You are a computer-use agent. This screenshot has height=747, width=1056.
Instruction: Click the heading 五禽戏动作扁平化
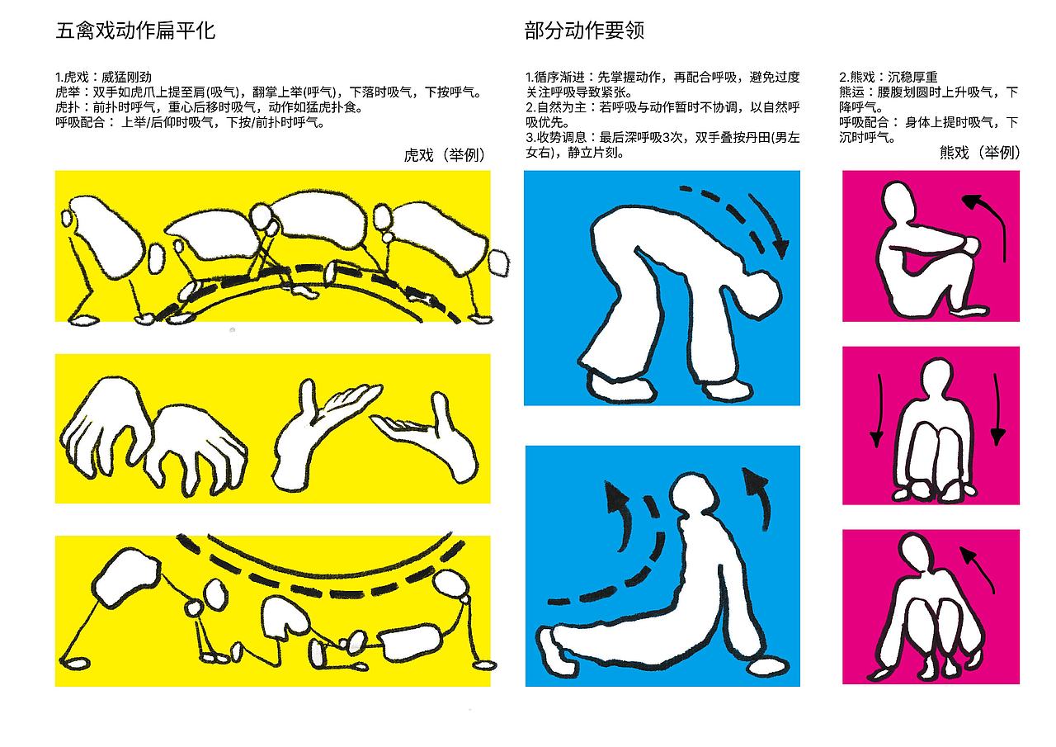click(135, 31)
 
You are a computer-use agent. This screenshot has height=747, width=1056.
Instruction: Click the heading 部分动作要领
click(584, 31)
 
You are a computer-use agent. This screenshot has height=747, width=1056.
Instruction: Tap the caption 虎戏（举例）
click(445, 155)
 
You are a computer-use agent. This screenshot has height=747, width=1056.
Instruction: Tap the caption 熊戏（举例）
click(979, 153)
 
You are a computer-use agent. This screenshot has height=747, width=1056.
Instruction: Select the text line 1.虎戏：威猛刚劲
click(104, 77)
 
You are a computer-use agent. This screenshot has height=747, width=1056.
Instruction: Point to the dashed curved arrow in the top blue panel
click(738, 215)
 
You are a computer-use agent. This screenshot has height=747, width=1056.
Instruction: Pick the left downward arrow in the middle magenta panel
click(878, 409)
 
